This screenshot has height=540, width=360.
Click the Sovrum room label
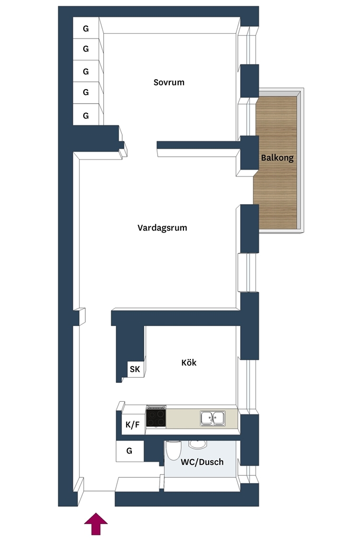[x=169, y=82]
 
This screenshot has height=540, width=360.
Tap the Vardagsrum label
[x=162, y=228]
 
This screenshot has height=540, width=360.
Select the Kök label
[x=189, y=362]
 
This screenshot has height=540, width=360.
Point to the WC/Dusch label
[x=202, y=462]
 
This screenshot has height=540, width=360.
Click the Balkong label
[x=277, y=158]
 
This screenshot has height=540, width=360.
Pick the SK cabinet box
[x=135, y=369]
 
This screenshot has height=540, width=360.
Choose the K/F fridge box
[x=132, y=425]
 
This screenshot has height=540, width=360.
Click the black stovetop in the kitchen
[x=156, y=418]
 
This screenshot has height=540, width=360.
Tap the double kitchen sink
[x=213, y=418]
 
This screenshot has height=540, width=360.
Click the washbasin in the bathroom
[x=197, y=444]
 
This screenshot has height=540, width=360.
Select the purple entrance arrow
[x=96, y=524]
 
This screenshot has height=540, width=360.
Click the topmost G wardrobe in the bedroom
[x=86, y=28]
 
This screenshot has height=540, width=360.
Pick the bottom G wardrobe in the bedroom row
[x=86, y=115]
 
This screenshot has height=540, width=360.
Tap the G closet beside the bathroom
[x=130, y=451]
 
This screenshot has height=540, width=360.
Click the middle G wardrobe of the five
[x=86, y=71]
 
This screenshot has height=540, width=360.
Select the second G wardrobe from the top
[x=86, y=49]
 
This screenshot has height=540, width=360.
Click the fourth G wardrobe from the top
[x=86, y=92]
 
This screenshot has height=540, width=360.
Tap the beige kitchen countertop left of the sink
[x=183, y=418]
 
